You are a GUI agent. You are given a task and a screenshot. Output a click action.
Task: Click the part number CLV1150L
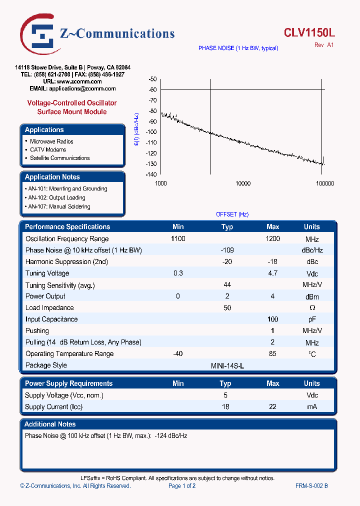(x=309, y=33)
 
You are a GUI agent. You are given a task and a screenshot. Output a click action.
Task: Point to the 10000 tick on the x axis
(x=242, y=183)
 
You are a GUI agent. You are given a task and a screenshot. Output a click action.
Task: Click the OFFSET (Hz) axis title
(x=232, y=214)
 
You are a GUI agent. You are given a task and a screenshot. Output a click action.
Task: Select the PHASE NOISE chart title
(x=238, y=48)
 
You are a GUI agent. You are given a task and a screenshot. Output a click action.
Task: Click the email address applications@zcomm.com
(x=82, y=88)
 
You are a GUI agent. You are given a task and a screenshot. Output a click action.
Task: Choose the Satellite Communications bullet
(x=59, y=158)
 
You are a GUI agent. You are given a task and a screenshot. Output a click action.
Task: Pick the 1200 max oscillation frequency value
(x=273, y=239)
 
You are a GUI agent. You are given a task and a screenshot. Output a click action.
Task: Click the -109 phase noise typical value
(x=227, y=250)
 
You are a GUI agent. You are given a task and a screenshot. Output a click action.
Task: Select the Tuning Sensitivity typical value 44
(x=227, y=284)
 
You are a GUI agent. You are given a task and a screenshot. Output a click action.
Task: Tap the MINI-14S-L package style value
(x=227, y=365)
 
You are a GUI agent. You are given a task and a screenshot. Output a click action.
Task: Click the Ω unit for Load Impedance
(x=312, y=308)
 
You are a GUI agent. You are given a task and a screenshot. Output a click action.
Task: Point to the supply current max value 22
(x=273, y=407)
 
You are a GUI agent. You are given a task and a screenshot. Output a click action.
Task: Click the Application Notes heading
(x=52, y=177)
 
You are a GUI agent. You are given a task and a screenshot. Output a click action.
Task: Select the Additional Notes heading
(x=50, y=424)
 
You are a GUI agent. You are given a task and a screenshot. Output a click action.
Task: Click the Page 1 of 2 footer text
(x=182, y=486)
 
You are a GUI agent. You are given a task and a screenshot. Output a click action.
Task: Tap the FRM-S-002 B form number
(x=311, y=486)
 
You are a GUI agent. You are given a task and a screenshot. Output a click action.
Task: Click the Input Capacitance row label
(x=51, y=319)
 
